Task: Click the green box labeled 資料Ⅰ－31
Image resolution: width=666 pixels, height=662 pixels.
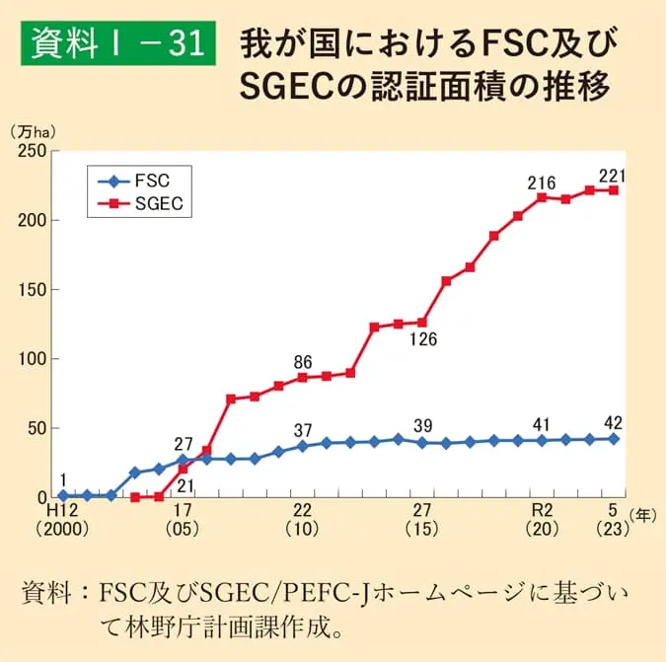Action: (x=117, y=43)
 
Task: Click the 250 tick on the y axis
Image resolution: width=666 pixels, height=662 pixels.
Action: (x=34, y=151)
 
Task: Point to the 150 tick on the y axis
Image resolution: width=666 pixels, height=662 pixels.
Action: (x=34, y=290)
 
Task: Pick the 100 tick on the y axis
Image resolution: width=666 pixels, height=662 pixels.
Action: (x=34, y=359)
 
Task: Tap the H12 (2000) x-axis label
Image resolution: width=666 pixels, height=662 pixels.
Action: (x=63, y=519)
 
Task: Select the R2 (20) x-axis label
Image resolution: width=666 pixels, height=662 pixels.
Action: (x=541, y=519)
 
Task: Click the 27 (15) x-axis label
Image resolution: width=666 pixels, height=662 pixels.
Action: (x=421, y=519)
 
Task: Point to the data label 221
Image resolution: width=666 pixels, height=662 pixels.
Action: (x=613, y=176)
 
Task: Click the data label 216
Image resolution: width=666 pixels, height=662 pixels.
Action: (x=541, y=183)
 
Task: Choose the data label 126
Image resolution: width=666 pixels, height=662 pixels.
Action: (x=422, y=339)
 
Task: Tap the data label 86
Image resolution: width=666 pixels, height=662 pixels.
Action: (x=302, y=361)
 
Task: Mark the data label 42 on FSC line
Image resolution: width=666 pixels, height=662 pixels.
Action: (x=613, y=423)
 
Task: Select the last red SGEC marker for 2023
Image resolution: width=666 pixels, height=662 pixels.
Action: (x=613, y=190)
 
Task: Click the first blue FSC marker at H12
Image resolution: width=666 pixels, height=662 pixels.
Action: (x=63, y=495)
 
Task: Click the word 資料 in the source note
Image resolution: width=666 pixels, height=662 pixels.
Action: (x=45, y=594)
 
